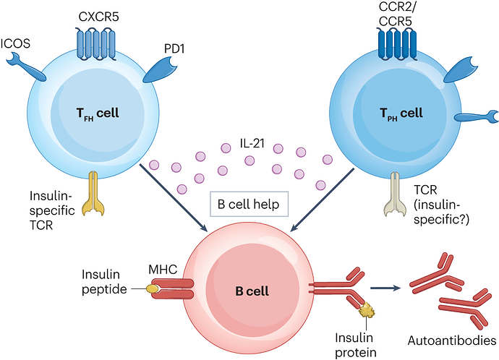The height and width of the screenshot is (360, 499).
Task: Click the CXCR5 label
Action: (x=98, y=17)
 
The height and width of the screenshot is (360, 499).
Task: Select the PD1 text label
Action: (x=174, y=48)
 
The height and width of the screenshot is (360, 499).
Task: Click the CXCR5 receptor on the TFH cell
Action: (x=95, y=43)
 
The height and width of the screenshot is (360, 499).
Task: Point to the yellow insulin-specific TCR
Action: (x=93, y=193)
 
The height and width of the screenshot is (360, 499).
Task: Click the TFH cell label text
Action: (x=98, y=113)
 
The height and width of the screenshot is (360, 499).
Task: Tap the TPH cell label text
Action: (x=401, y=113)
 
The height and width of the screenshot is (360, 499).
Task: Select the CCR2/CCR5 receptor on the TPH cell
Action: (x=396, y=43)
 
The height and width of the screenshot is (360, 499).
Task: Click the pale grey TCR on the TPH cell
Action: (x=395, y=194)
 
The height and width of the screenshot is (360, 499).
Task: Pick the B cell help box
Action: (x=249, y=204)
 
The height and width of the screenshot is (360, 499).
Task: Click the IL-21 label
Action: (x=252, y=143)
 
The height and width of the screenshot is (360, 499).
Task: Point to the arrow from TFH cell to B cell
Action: (x=174, y=198)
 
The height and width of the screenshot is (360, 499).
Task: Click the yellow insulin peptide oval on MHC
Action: (x=152, y=288)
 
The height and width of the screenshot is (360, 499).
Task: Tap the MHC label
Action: (x=163, y=270)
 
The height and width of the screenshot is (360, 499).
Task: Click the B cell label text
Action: (x=252, y=291)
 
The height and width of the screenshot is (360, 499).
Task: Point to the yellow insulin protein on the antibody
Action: (x=367, y=309)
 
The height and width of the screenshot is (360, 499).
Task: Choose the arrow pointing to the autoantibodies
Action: (x=385, y=288)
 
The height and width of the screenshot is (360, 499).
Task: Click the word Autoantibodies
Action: (x=452, y=340)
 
